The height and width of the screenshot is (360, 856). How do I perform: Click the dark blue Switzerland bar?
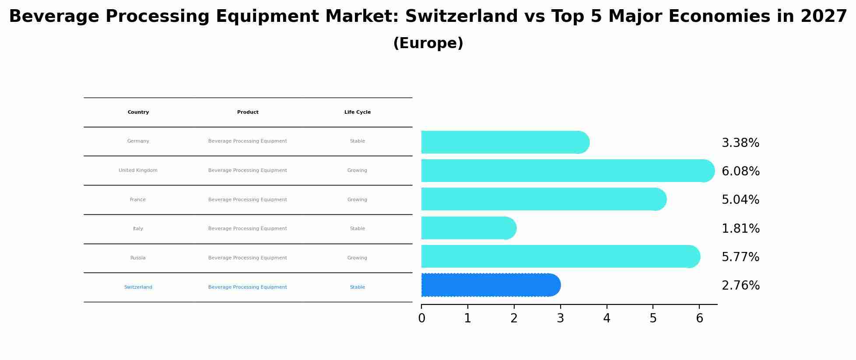coord(490,285)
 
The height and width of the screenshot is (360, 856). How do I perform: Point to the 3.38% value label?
coord(740,143)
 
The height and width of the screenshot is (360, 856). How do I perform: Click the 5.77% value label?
coord(740,257)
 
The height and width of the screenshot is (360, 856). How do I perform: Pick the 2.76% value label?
coord(740,286)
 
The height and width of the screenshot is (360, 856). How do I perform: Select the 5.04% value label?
coord(740,200)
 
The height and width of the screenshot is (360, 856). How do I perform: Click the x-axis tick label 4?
coord(607,318)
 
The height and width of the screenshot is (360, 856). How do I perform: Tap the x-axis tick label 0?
coord(421,318)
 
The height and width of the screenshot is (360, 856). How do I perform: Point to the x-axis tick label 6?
coord(699,318)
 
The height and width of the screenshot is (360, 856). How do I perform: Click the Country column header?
coord(138,112)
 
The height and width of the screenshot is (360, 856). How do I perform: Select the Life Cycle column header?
coord(357,112)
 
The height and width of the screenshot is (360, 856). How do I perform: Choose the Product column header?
coord(248,112)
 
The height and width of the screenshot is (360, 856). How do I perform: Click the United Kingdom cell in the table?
coord(138,171)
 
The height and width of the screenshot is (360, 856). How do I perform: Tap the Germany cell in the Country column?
coord(138,141)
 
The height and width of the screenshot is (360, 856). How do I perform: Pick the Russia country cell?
coord(138,258)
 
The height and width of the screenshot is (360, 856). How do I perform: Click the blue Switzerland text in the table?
coord(138,287)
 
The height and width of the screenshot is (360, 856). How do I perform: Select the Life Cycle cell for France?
coord(357,200)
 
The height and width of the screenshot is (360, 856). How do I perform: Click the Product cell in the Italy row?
coord(248,229)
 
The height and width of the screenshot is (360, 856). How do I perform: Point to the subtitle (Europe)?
coord(428,43)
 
